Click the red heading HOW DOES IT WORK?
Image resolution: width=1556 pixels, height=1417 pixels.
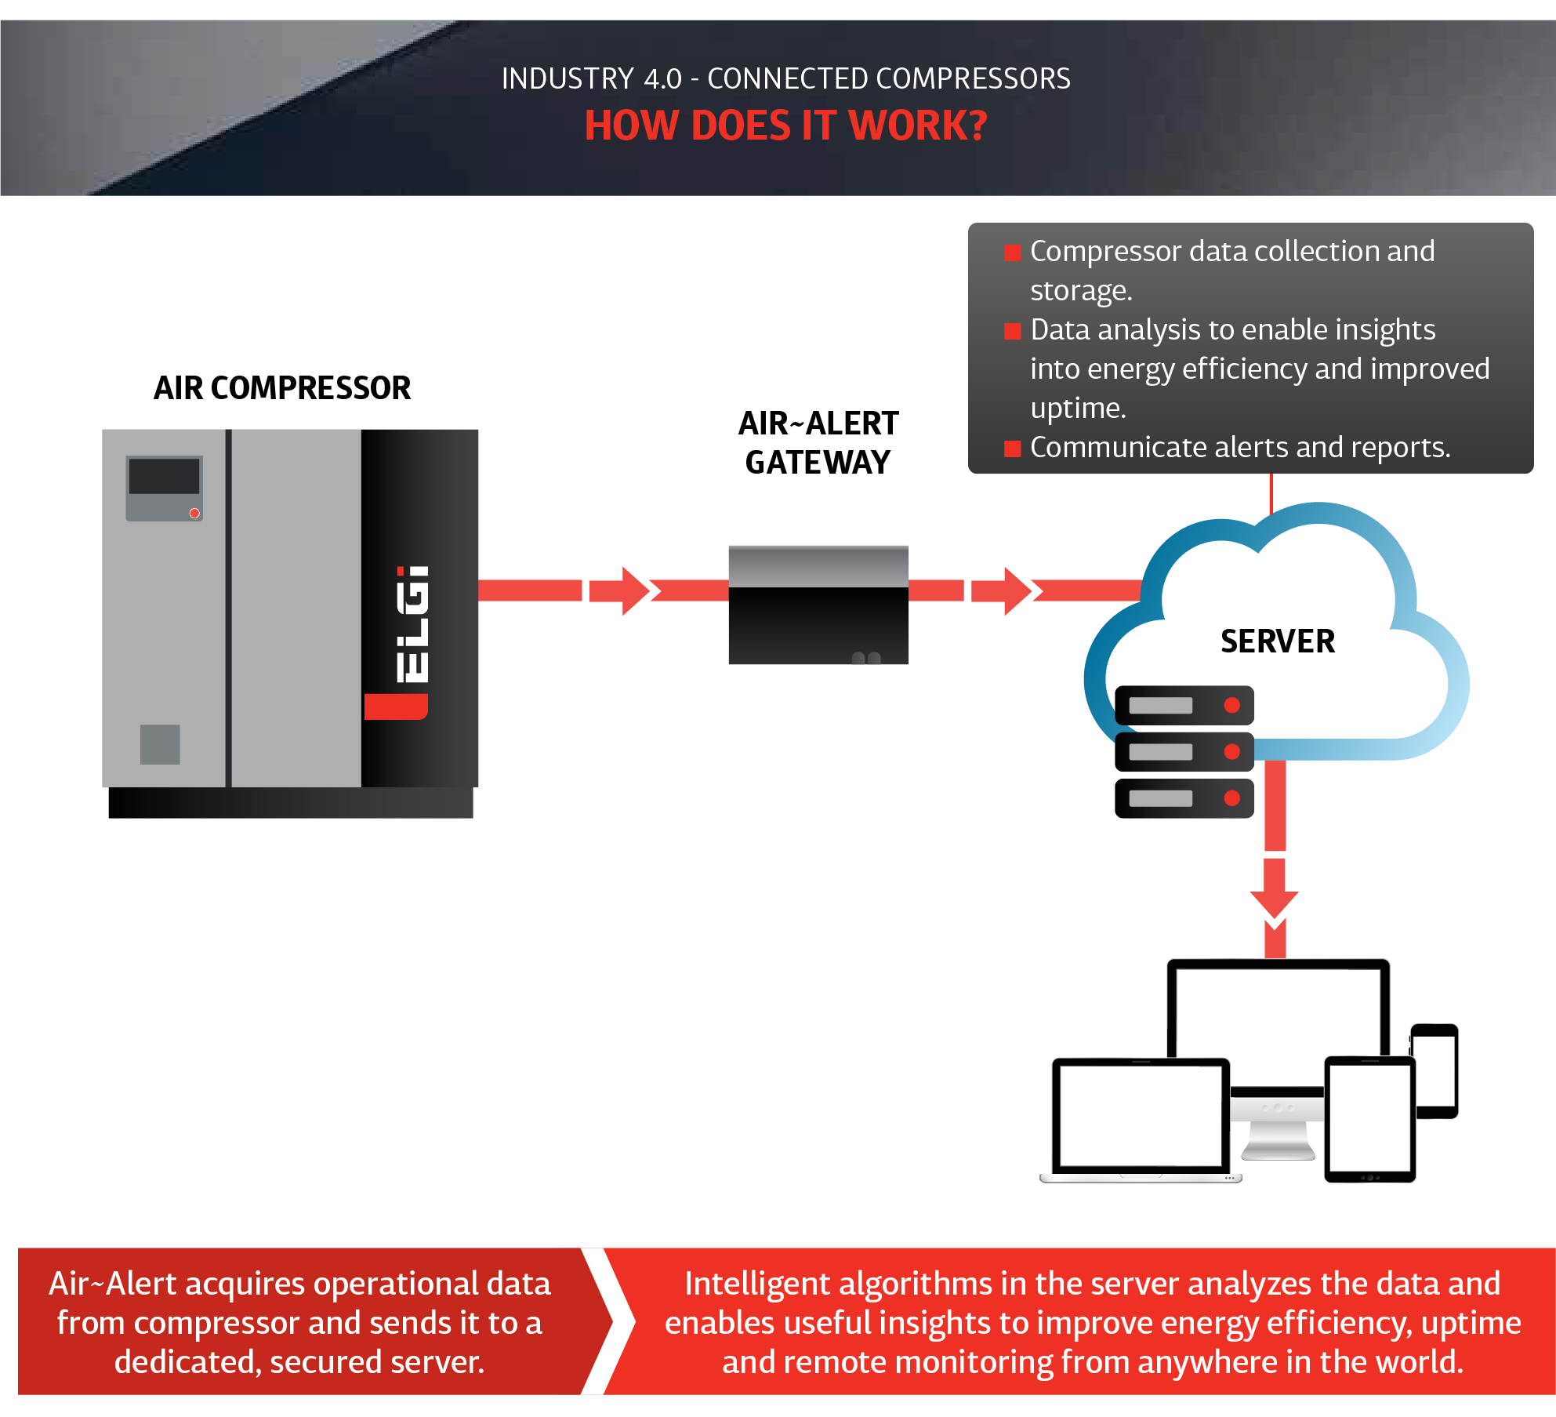785,125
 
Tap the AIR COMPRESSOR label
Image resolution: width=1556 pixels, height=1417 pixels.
282,388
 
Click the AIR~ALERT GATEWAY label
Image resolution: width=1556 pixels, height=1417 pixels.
818,443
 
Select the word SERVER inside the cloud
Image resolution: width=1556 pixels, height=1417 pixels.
1278,641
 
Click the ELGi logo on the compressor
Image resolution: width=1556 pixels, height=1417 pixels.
412,624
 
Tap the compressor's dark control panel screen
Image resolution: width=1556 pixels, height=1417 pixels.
164,477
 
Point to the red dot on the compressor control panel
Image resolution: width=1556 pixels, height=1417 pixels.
194,514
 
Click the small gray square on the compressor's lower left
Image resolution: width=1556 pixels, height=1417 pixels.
160,744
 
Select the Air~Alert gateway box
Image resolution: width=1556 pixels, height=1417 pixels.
818,605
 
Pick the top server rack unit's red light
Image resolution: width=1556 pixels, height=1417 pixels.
1231,705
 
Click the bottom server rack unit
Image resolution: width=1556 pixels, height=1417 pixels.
1184,798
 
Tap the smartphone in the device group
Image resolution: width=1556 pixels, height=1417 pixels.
1434,1070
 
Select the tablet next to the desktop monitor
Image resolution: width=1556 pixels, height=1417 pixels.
1369,1117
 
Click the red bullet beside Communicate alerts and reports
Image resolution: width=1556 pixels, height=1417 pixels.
1013,449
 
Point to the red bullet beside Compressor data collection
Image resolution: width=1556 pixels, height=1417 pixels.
1013,253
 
